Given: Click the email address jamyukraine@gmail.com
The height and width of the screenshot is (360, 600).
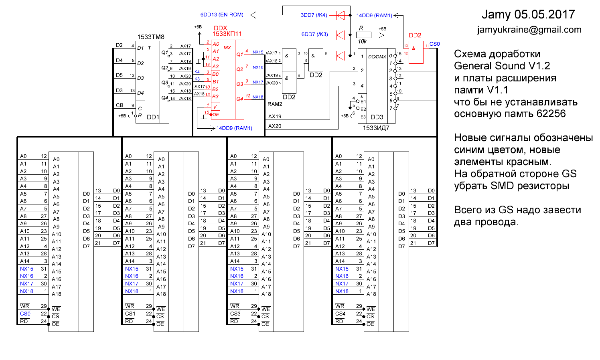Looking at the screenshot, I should [x=529, y=30].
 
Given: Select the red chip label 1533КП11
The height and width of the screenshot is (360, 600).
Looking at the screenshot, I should [x=227, y=34].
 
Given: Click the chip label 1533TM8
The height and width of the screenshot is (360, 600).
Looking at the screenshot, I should [x=151, y=37].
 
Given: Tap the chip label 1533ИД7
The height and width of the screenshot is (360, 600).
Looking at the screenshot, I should [x=376, y=128].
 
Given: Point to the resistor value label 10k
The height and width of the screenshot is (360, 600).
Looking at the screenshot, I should [x=362, y=41].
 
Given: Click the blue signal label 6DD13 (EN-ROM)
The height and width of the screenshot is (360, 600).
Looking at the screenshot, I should [x=222, y=15].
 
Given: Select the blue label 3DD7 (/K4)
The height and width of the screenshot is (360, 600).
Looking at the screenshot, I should [x=314, y=15].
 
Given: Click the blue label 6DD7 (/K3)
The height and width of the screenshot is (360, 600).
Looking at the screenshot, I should [x=314, y=34].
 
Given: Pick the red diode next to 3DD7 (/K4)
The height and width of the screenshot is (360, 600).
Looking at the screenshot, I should [x=341, y=15].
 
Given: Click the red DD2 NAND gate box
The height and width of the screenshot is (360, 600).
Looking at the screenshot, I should [x=416, y=52].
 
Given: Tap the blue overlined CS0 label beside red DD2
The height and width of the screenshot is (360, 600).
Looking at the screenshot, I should [x=435, y=44].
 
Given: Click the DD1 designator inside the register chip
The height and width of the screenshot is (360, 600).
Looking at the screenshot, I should [x=153, y=117].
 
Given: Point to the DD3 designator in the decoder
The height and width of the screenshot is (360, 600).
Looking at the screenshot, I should [x=377, y=117].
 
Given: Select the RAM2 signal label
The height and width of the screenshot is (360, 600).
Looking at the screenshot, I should [x=275, y=104].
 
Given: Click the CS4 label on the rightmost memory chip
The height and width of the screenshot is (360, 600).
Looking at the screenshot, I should [x=340, y=313].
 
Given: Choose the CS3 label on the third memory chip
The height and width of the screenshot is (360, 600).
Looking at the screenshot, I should [x=235, y=313].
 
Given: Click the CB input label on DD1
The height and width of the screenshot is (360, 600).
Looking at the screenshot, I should [x=120, y=105].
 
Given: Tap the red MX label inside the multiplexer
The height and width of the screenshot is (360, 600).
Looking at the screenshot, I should [x=227, y=48].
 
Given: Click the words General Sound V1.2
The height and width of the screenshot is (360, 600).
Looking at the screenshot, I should [x=502, y=66].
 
